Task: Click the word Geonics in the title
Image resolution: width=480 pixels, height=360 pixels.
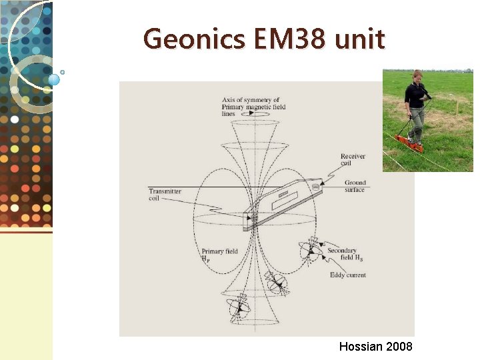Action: (189, 39)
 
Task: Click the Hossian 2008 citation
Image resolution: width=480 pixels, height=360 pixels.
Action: (375, 347)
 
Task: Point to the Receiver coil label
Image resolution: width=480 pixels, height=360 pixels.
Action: (353, 160)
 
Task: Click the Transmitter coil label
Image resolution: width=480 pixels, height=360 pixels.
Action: (165, 195)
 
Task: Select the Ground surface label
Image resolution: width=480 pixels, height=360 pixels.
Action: (355, 186)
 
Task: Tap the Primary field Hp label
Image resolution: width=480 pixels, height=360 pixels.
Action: (219, 255)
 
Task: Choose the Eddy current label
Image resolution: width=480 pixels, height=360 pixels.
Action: (347, 275)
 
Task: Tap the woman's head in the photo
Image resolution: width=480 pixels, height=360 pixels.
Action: (417, 75)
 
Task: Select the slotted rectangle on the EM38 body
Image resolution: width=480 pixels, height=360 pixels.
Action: (285, 195)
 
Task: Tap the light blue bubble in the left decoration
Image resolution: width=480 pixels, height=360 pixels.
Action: (54, 79)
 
